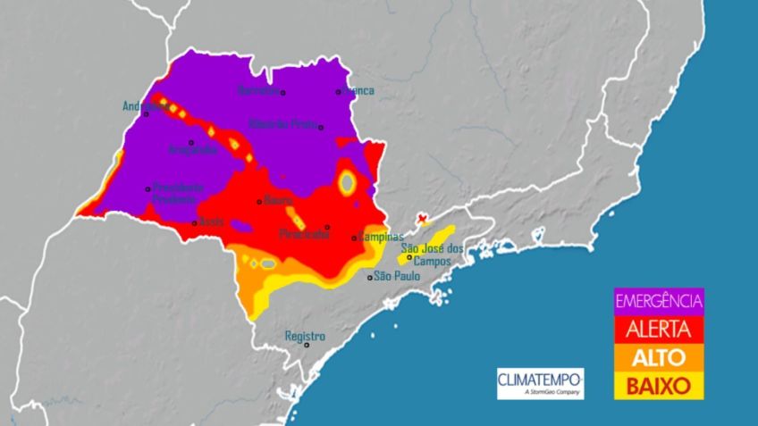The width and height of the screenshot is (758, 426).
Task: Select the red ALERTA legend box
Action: click(660, 329)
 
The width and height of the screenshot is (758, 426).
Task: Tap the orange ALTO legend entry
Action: click(660, 357)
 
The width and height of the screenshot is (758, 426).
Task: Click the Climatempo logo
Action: click(540, 383)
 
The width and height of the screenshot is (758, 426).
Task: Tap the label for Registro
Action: click(304, 336)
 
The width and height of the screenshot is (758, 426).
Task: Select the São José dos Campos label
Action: click(432, 255)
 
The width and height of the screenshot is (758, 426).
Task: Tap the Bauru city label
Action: click(279, 200)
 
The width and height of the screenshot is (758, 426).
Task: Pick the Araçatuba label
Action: click(192, 150)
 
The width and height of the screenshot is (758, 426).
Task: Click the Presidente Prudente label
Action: click(178, 193)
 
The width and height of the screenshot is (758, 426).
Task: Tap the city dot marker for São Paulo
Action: click(370, 278)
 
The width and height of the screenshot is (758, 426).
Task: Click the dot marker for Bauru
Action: click(259, 201)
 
